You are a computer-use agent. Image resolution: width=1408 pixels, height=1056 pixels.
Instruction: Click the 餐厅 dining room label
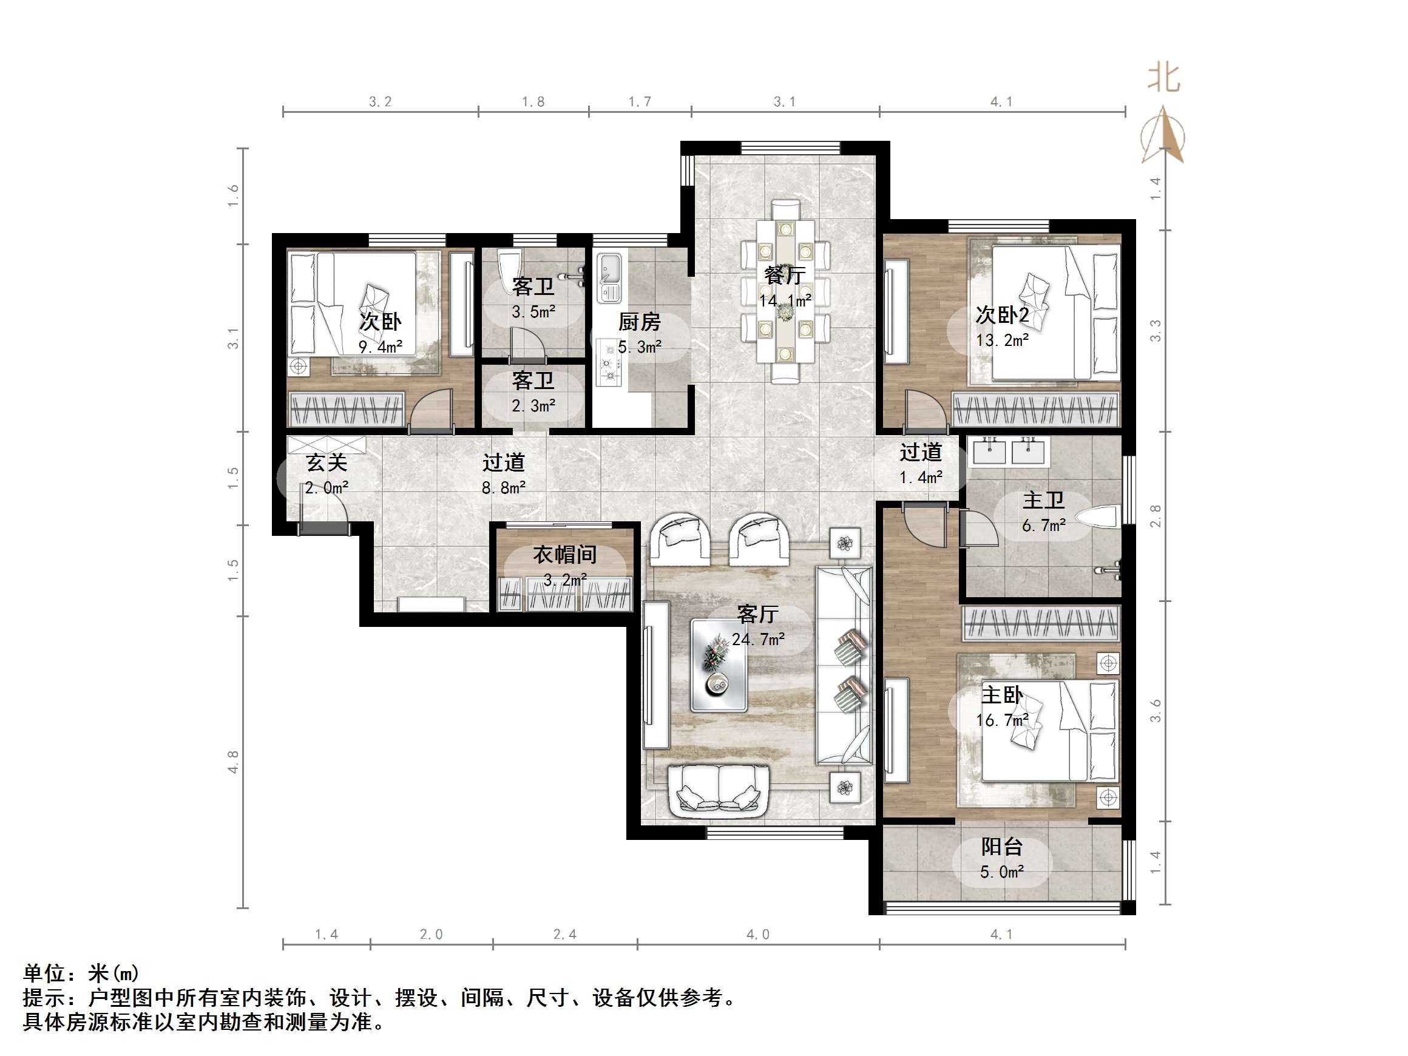784,275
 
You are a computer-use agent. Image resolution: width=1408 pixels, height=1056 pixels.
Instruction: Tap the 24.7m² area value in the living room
757,639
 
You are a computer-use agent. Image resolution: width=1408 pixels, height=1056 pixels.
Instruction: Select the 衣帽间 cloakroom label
564,555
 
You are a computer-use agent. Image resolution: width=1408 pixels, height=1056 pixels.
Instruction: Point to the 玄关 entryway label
327,462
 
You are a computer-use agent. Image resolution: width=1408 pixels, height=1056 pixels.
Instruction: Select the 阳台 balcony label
1002,847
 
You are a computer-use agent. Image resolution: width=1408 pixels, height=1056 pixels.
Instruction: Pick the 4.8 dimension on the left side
233,762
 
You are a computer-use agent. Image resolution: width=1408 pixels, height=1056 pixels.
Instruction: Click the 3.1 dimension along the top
784,102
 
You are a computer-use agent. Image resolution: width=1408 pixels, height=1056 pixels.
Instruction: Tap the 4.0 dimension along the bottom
757,935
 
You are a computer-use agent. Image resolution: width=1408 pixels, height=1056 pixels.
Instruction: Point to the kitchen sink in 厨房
609,277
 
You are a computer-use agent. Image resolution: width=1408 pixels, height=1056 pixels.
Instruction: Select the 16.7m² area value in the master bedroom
1002,720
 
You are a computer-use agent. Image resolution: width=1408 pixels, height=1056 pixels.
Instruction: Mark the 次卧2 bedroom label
1002,315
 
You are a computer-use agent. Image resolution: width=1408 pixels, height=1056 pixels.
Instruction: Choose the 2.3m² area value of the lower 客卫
533,405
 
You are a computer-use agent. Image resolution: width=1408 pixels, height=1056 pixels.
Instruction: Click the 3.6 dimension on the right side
1156,710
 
